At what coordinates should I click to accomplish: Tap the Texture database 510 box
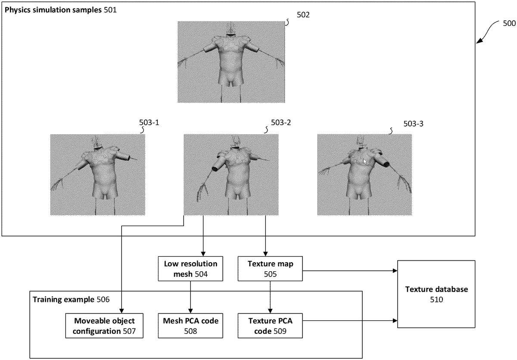[436, 294]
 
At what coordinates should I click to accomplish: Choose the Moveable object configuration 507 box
[104, 326]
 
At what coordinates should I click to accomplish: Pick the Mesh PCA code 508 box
[190, 326]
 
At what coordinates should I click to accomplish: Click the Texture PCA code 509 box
[270, 326]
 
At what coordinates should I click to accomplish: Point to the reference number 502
[303, 15]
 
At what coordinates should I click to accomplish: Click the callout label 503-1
[149, 123]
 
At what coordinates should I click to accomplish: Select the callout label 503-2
[281, 123]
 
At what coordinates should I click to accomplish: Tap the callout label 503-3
[414, 124]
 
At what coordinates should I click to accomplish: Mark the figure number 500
[509, 23]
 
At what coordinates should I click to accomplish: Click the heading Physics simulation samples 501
[60, 9]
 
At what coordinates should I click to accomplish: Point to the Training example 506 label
[71, 299]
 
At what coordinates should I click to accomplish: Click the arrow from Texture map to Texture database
[349, 271]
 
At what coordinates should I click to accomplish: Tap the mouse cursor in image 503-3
[365, 161]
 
